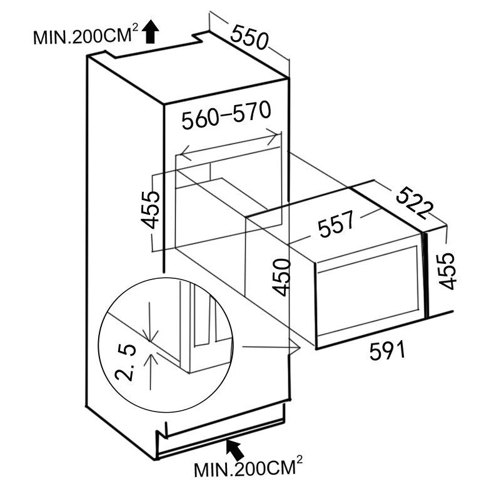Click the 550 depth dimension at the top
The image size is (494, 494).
click(x=249, y=36)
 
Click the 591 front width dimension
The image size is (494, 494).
click(x=387, y=351)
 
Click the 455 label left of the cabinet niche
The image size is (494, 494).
click(x=151, y=211)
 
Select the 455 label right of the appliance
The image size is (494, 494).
click(x=446, y=270)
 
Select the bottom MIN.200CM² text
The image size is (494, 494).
click(x=248, y=468)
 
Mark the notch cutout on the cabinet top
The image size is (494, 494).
click(x=201, y=39)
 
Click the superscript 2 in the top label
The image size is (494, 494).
click(x=134, y=29)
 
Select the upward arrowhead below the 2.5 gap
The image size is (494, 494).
click(x=149, y=357)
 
